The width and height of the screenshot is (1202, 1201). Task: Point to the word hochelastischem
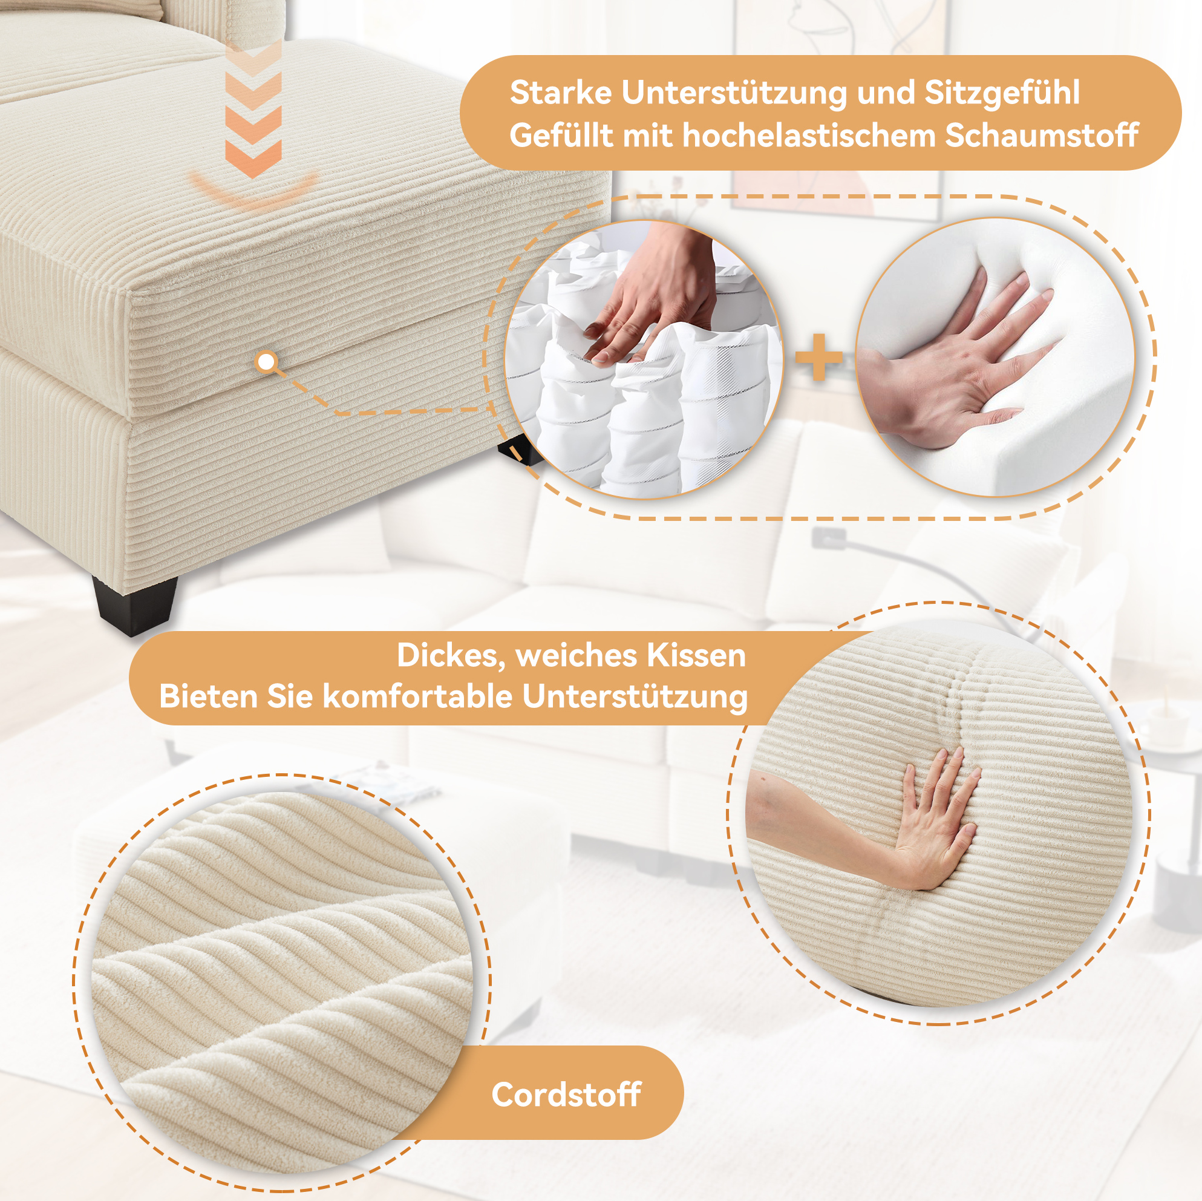coord(809,136)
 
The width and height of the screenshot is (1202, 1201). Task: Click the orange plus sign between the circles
coord(818,357)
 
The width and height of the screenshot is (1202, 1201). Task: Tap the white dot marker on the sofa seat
coord(266,362)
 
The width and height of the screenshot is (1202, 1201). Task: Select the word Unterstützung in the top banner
coord(734,93)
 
